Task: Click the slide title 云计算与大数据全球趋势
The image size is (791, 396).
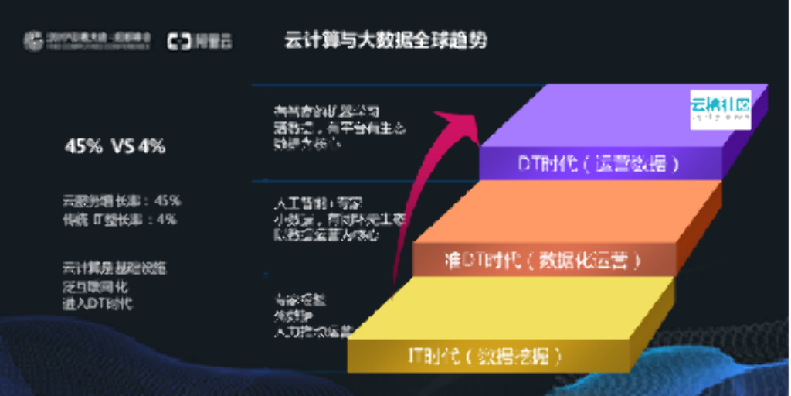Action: [386, 40]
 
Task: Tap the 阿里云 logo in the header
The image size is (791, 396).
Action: [200, 41]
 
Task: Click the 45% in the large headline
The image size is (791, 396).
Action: [83, 145]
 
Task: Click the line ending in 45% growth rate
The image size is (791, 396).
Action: [121, 200]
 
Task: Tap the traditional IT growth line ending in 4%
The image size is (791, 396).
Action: [120, 219]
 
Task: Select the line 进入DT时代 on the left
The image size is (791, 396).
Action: [97, 304]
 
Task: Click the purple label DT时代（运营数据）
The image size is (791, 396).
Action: [599, 164]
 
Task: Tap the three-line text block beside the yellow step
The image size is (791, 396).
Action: [310, 316]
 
